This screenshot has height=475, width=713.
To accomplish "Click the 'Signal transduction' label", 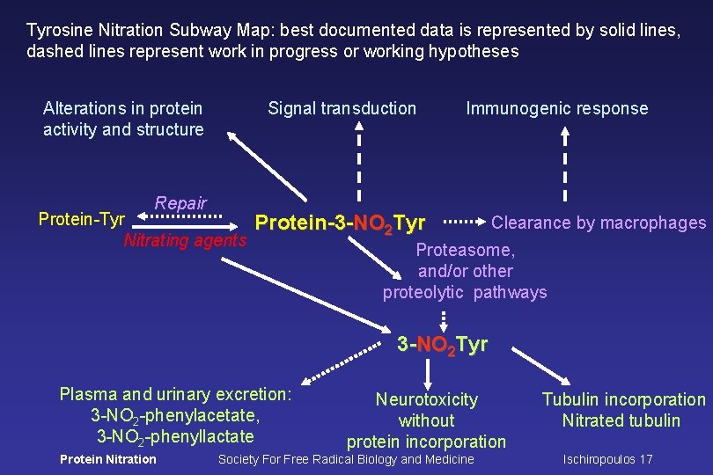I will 342,108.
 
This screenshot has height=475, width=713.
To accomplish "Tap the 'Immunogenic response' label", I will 556,109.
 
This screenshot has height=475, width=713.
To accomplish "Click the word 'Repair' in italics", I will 180,203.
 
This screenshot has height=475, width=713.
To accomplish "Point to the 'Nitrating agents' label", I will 186,240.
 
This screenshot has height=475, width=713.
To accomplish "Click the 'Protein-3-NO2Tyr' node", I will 340,223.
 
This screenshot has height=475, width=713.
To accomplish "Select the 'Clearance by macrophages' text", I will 599,223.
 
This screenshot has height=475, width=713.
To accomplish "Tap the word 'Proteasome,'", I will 465,251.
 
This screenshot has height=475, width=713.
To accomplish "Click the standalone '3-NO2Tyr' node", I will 442,344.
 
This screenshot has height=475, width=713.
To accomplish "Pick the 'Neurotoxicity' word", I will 427,399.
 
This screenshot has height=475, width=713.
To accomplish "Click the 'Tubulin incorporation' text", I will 623,399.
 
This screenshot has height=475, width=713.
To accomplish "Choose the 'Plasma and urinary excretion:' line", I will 175,394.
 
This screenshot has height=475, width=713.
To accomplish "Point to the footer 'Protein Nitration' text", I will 107,459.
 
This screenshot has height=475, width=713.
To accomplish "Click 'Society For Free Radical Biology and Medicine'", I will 346,459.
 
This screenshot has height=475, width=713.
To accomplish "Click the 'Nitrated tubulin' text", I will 621,420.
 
